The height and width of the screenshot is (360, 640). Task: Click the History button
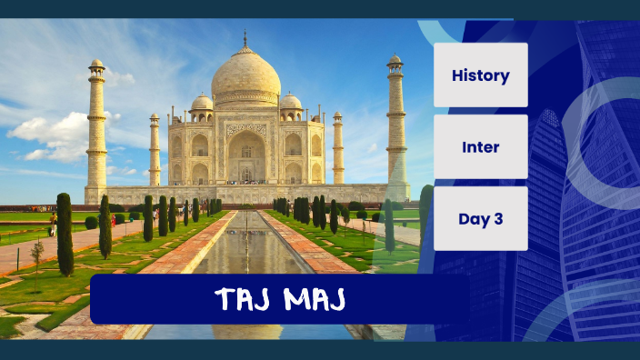click(x=480, y=75)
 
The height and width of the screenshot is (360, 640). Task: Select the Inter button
click(x=480, y=146)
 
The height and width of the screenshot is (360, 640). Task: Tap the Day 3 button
click(x=480, y=218)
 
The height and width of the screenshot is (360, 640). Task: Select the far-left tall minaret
click(x=96, y=127)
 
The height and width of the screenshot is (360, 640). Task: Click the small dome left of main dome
click(x=202, y=102)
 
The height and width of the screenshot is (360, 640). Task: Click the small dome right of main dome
click(x=290, y=102)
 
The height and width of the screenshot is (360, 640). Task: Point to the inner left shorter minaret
click(x=155, y=150)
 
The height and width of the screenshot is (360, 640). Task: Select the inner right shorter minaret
click(x=338, y=150)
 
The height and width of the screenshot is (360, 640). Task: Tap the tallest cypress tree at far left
click(x=65, y=234)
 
